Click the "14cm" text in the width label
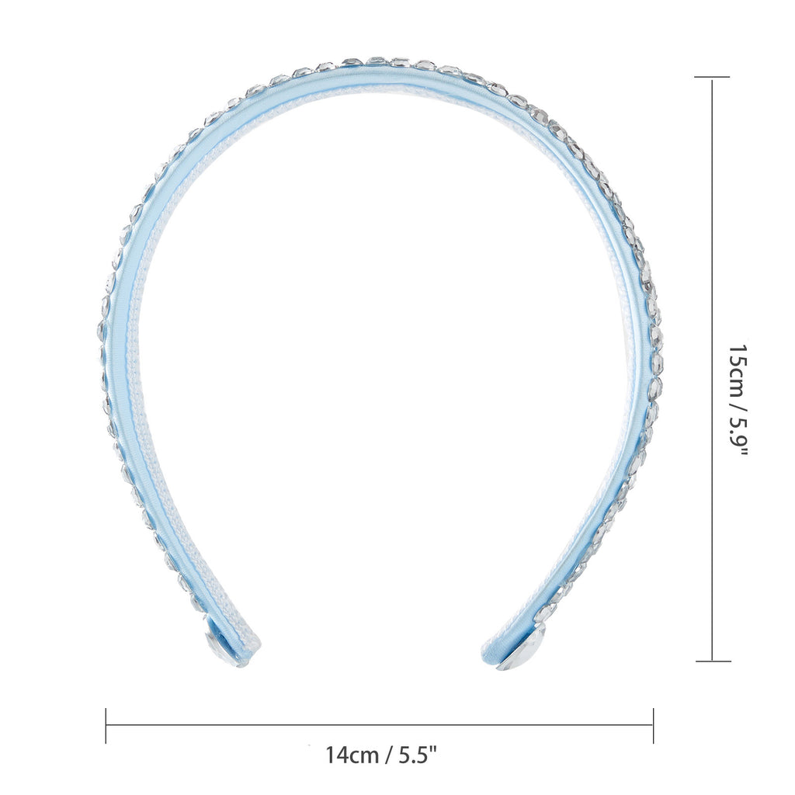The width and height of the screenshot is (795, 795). (352, 755)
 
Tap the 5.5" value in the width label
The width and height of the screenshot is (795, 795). (417, 755)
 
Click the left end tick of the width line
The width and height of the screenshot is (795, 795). (106, 726)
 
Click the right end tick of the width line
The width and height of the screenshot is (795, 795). (654, 726)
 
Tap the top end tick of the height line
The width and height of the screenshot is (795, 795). (713, 78)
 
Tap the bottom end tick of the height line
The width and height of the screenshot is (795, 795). (713, 661)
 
